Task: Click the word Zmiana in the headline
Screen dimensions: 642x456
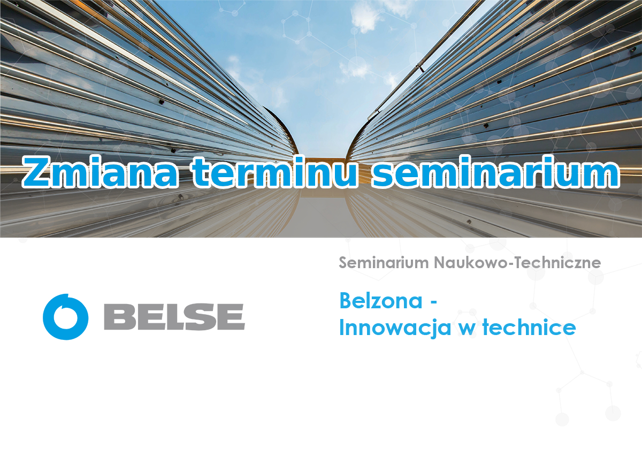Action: pos(100,172)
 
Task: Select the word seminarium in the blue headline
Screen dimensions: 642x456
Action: pos(495,172)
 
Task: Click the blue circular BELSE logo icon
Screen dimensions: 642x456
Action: pos(66,317)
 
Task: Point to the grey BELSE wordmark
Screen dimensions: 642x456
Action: pos(174,317)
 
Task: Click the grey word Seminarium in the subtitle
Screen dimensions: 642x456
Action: pos(384,263)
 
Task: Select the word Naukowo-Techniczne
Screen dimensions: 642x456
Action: pos(517,263)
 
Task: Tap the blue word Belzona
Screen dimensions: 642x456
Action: pos(381,301)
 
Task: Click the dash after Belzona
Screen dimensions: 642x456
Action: pos(434,302)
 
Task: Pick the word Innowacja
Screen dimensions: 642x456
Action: pos(395,328)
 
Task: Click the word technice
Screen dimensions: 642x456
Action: pos(529,327)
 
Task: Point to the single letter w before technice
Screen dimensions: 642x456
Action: pos(467,330)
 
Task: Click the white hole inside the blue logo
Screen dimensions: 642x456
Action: pos(66,318)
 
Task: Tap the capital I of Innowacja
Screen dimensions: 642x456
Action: pos(341,327)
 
